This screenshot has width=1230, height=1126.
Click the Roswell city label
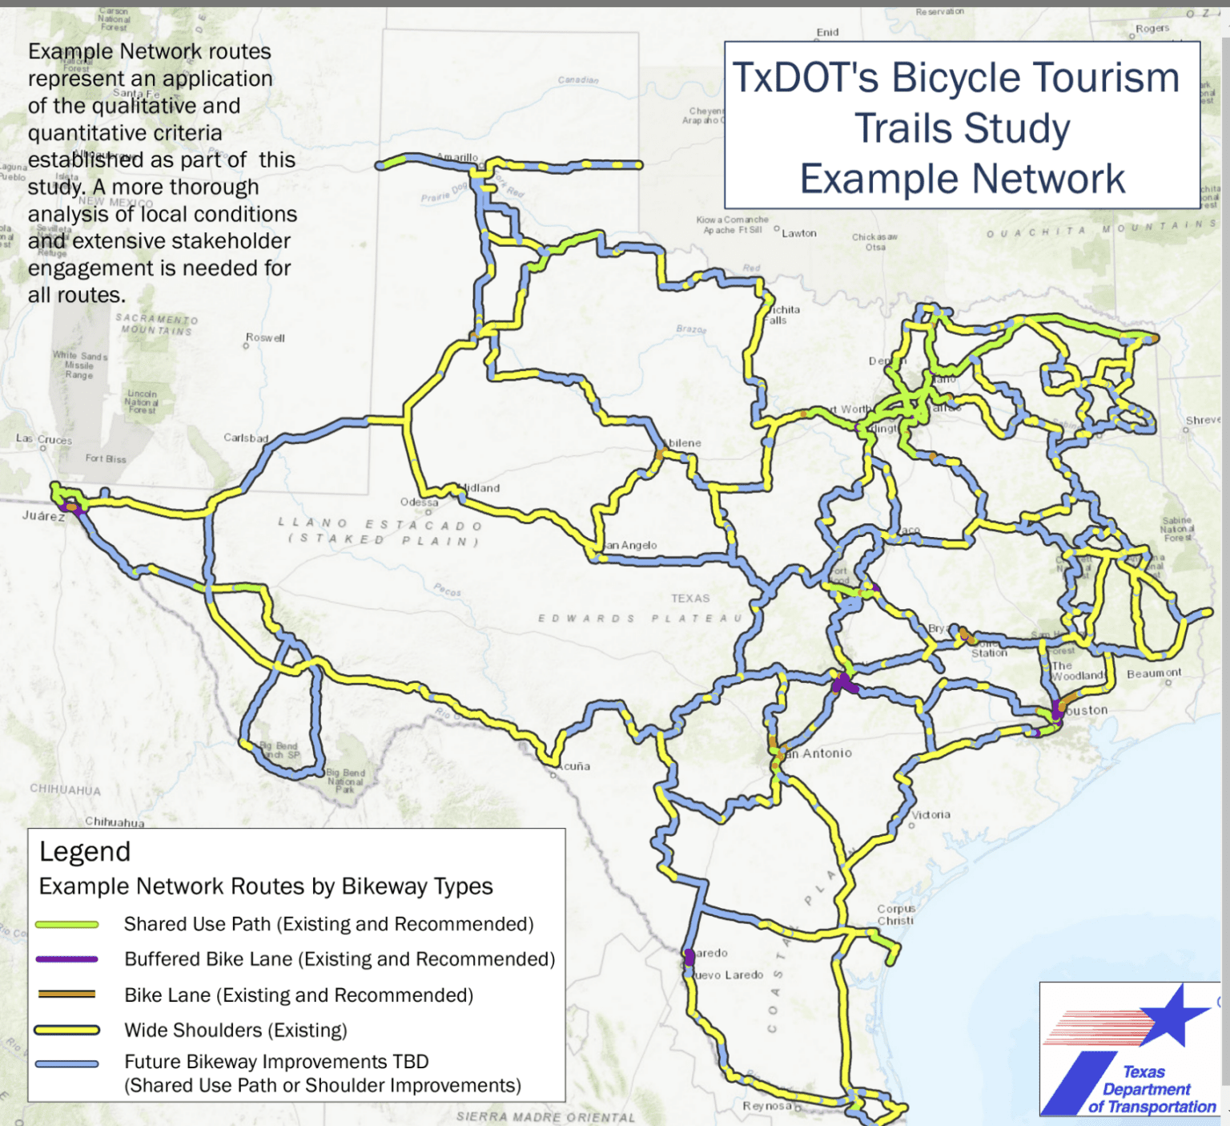pos(265,338)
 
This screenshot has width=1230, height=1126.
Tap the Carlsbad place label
pos(246,438)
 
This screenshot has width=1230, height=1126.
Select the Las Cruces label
pos(44,439)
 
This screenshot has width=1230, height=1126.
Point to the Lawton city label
pos(799,233)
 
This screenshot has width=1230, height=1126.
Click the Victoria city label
pos(931,814)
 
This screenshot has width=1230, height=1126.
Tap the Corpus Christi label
pos(895,914)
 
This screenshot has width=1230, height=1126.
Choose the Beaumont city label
pos(1154,673)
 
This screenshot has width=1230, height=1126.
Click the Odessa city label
pos(420,502)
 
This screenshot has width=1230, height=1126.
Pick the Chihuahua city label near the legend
pos(115,821)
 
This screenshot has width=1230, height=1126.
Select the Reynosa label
pos(767,1106)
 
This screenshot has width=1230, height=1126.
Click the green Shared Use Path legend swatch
pos(67,925)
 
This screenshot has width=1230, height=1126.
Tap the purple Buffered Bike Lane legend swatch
pos(67,959)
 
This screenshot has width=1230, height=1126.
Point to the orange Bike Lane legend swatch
pos(67,995)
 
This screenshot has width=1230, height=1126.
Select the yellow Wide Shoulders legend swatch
pos(67,1030)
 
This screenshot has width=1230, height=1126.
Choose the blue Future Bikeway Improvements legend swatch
pos(67,1064)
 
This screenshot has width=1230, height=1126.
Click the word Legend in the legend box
pos(85,851)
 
